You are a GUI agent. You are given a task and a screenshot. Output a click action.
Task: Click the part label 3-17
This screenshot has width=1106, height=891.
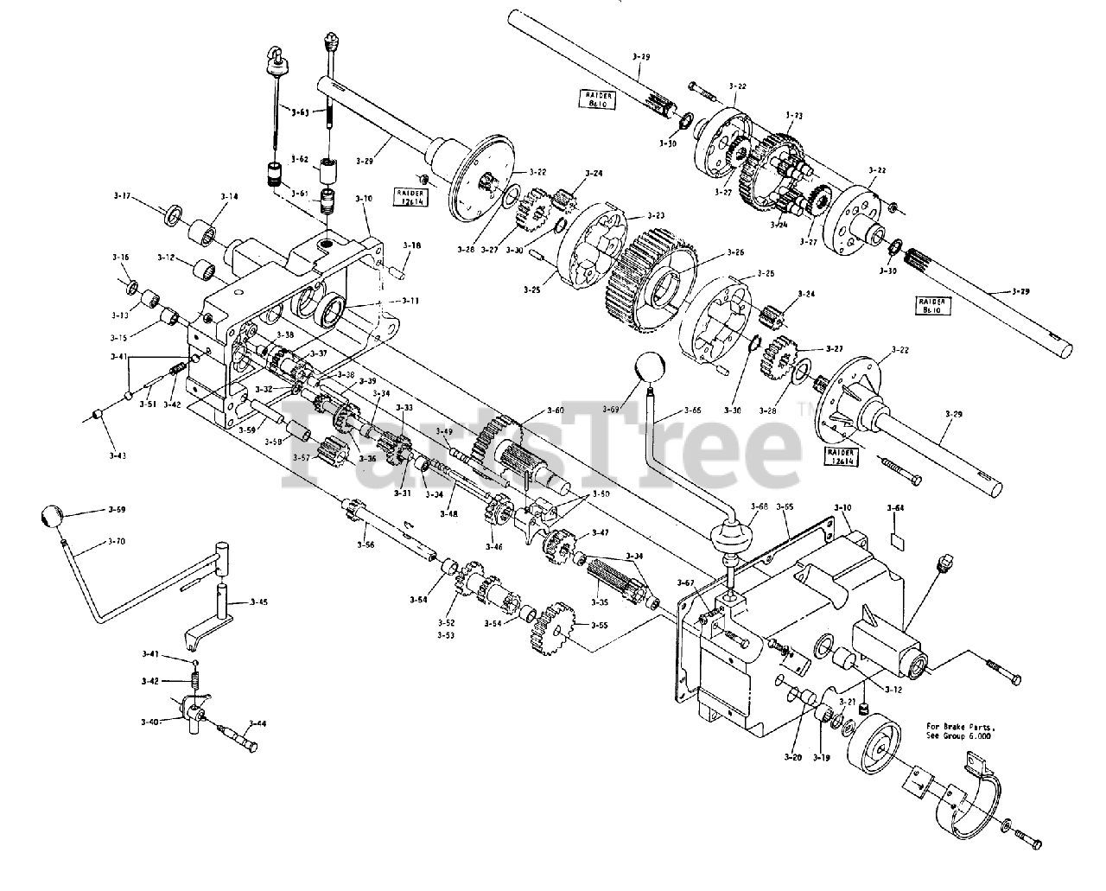tap(121, 197)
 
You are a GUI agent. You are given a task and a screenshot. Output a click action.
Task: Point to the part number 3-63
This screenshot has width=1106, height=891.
tap(301, 111)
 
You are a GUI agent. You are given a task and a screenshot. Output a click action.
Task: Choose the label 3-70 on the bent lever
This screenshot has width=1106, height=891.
tap(117, 542)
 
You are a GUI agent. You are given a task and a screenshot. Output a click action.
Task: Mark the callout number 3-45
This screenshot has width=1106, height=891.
tap(258, 601)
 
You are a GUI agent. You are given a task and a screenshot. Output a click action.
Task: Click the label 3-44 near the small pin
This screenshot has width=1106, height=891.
tap(257, 723)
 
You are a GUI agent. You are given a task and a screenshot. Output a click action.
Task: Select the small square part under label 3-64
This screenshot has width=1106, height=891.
tap(898, 541)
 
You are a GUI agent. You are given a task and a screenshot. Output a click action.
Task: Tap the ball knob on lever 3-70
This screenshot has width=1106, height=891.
tap(52, 518)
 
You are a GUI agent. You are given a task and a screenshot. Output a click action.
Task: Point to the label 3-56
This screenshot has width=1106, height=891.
tap(366, 544)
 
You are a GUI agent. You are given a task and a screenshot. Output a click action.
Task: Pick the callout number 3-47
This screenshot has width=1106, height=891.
tap(600, 533)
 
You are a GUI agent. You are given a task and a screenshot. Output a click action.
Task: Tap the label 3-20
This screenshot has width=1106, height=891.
tap(793, 757)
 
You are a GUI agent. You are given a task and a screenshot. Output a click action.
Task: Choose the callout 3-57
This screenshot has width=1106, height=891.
tap(301, 457)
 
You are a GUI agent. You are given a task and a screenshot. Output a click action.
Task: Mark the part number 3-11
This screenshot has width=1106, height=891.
tap(410, 301)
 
